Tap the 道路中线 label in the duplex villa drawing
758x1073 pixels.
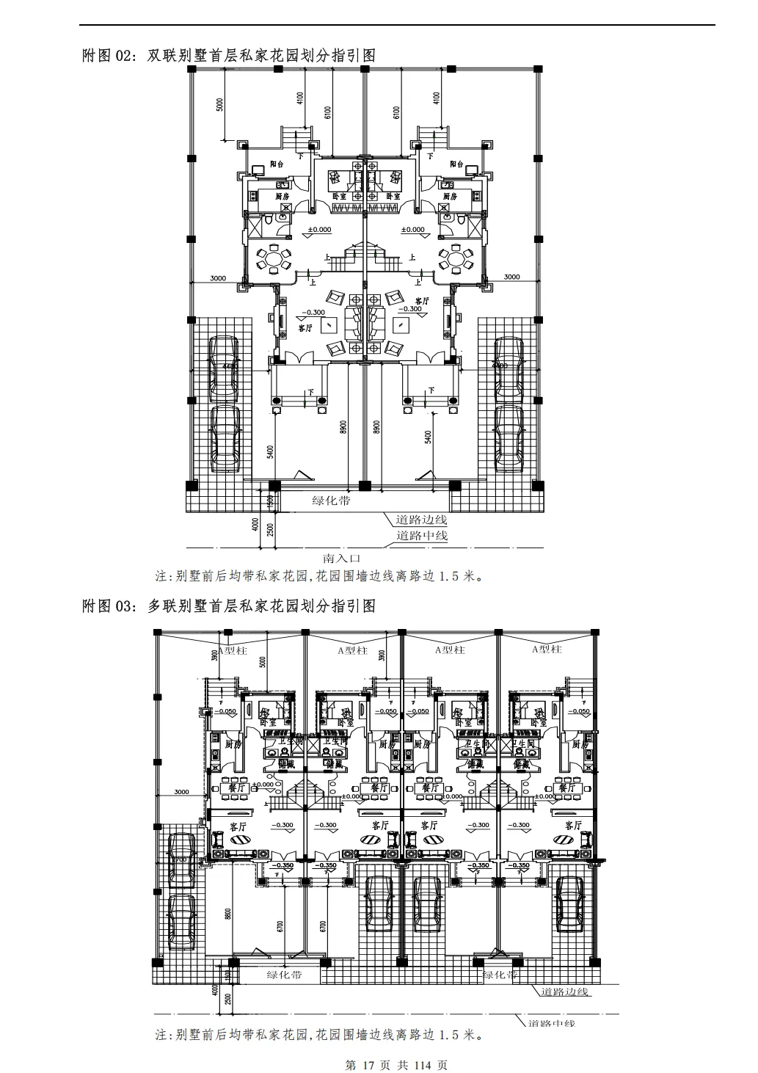421,536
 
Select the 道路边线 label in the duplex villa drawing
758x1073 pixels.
421,520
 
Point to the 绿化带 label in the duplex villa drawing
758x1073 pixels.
331,501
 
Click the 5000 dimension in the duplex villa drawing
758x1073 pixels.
219,105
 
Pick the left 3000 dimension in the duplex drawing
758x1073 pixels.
217,277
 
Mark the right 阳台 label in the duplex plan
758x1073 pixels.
456,164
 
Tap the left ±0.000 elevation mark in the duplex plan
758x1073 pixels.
319,230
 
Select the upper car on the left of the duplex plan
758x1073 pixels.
223,369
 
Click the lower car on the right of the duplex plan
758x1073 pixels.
508,437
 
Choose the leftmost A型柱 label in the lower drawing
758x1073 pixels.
233,650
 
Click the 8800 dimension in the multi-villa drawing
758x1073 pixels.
228,914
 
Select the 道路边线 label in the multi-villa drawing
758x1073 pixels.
565,992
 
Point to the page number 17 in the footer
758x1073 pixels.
369,1065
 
